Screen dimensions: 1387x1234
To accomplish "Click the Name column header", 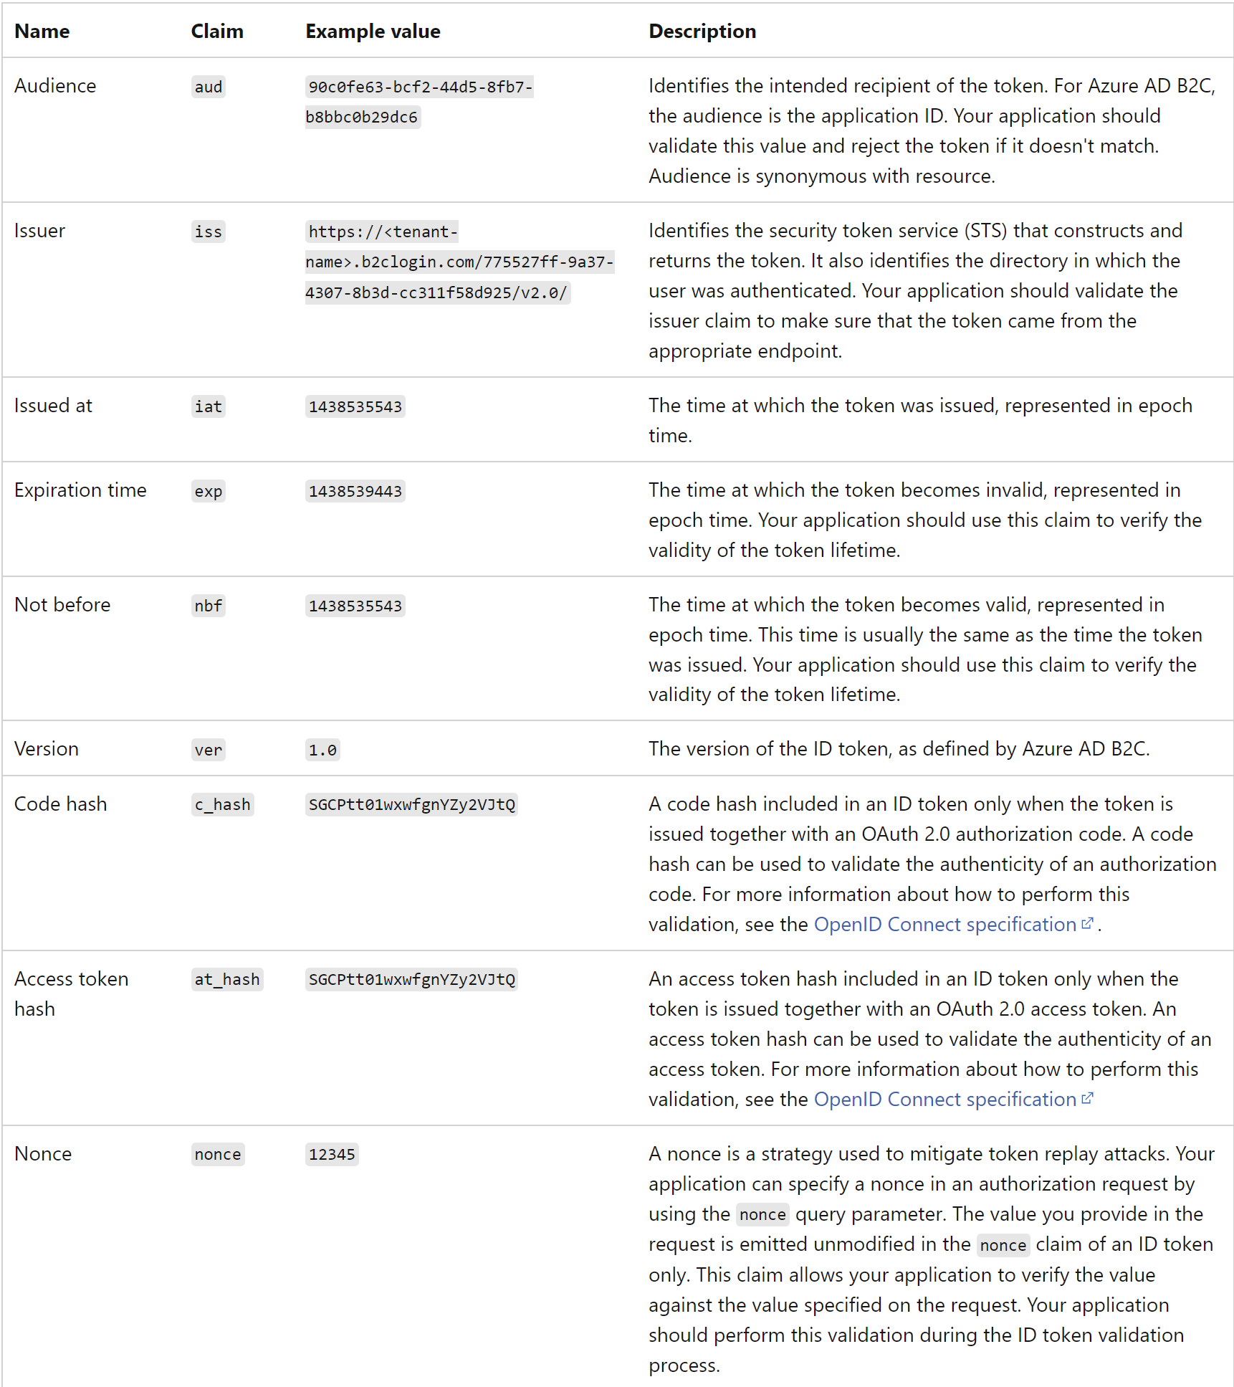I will pyautogui.click(x=42, y=32).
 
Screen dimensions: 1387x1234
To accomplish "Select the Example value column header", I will pyautogui.click(x=373, y=32).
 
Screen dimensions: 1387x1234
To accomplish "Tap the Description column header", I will pyautogui.click(x=702, y=32).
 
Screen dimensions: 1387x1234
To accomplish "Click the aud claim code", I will pyautogui.click(x=208, y=87).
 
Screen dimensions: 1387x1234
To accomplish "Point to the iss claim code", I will pyautogui.click(x=208, y=232).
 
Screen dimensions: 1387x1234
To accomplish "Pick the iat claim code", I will pyautogui.click(x=208, y=407).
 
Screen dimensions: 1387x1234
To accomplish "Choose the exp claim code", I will pyautogui.click(x=208, y=492).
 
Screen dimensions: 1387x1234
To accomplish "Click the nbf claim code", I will pyautogui.click(x=208, y=606).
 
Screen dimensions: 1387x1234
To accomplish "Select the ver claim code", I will pyautogui.click(x=208, y=750).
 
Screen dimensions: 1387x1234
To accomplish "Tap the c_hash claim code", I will pyautogui.click(x=222, y=805).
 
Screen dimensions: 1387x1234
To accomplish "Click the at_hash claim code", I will pyautogui.click(x=226, y=980).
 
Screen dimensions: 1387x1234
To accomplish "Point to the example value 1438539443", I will pyautogui.click(x=355, y=492).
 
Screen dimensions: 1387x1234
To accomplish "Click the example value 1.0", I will pyautogui.click(x=322, y=750).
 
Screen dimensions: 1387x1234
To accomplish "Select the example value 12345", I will pyautogui.click(x=332, y=1155).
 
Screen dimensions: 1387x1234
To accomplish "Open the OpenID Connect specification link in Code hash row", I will pyautogui.click(x=944, y=925).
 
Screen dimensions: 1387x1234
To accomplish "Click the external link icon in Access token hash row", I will pyautogui.click(x=1087, y=1098).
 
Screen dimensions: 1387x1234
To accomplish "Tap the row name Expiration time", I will pyautogui.click(x=80, y=490).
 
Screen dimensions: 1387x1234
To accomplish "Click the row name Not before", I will pyautogui.click(x=62, y=605).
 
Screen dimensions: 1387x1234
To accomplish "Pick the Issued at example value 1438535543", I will pyautogui.click(x=355, y=407).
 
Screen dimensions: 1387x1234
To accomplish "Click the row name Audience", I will pyautogui.click(x=55, y=86).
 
